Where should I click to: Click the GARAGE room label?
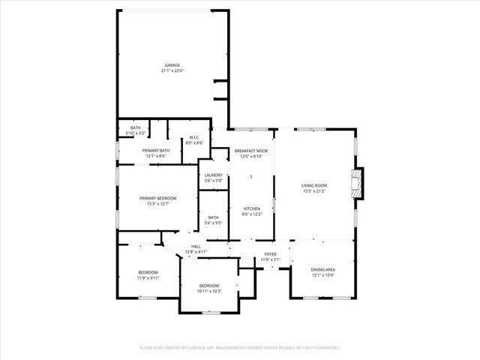tap(172, 65)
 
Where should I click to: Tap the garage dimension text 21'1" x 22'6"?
tap(172, 71)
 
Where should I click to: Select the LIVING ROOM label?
tap(314, 185)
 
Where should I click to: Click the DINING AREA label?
tap(323, 268)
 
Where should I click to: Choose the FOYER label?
tap(270, 254)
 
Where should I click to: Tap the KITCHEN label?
tap(251, 208)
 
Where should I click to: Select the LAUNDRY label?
tap(214, 175)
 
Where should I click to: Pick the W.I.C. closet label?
tap(194, 137)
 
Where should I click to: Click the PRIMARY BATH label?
tap(157, 151)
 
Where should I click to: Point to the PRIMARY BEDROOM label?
tap(157, 198)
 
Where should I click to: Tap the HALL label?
tap(196, 246)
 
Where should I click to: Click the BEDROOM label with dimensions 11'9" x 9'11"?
tap(148, 271)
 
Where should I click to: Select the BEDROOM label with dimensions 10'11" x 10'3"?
tap(208, 285)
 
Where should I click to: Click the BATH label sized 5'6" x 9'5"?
tap(214, 217)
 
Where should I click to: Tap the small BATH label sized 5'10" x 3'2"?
tap(136, 127)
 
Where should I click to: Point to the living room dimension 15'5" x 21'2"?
tap(314, 190)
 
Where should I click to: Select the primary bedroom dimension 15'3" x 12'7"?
tap(157, 203)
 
